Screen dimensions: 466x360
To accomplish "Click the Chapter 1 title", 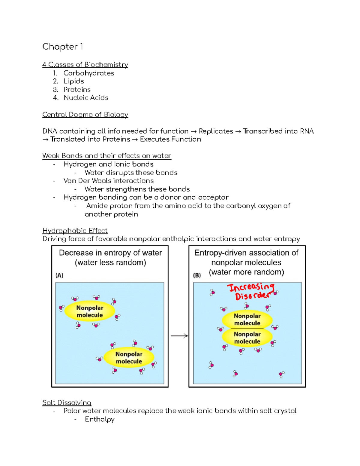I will pos(62,47).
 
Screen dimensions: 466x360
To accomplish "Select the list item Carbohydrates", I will pos(88,73).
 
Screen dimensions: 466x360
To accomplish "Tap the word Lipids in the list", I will pos(73,81).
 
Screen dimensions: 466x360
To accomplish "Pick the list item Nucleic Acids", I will pos(86,98).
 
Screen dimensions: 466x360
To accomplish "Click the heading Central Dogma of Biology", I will pos(85,115).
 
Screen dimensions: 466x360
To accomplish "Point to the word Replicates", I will pos(216,131).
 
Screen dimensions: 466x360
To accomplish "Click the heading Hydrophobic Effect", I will pos(75,231).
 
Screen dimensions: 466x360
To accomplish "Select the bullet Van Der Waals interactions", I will pos(109,181).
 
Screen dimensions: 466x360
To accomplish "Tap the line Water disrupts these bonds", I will pos(131,173).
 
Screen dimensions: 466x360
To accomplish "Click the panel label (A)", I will pos(59,275).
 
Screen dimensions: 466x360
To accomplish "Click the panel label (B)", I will pos(197,275).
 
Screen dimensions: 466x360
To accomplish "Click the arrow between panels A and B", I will pos(179,336).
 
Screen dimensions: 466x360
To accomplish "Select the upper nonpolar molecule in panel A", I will pos(90,311).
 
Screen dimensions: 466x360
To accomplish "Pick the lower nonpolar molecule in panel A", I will pos(129,358).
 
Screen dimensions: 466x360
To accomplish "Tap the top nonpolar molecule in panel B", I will pos(247,320).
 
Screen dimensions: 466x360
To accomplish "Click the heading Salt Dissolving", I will pos(67,403).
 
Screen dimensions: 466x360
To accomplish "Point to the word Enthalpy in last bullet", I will pos(100,419).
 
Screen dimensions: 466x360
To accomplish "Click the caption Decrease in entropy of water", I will pos(110,253).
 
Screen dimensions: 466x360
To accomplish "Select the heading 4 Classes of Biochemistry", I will pos(85,65).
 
